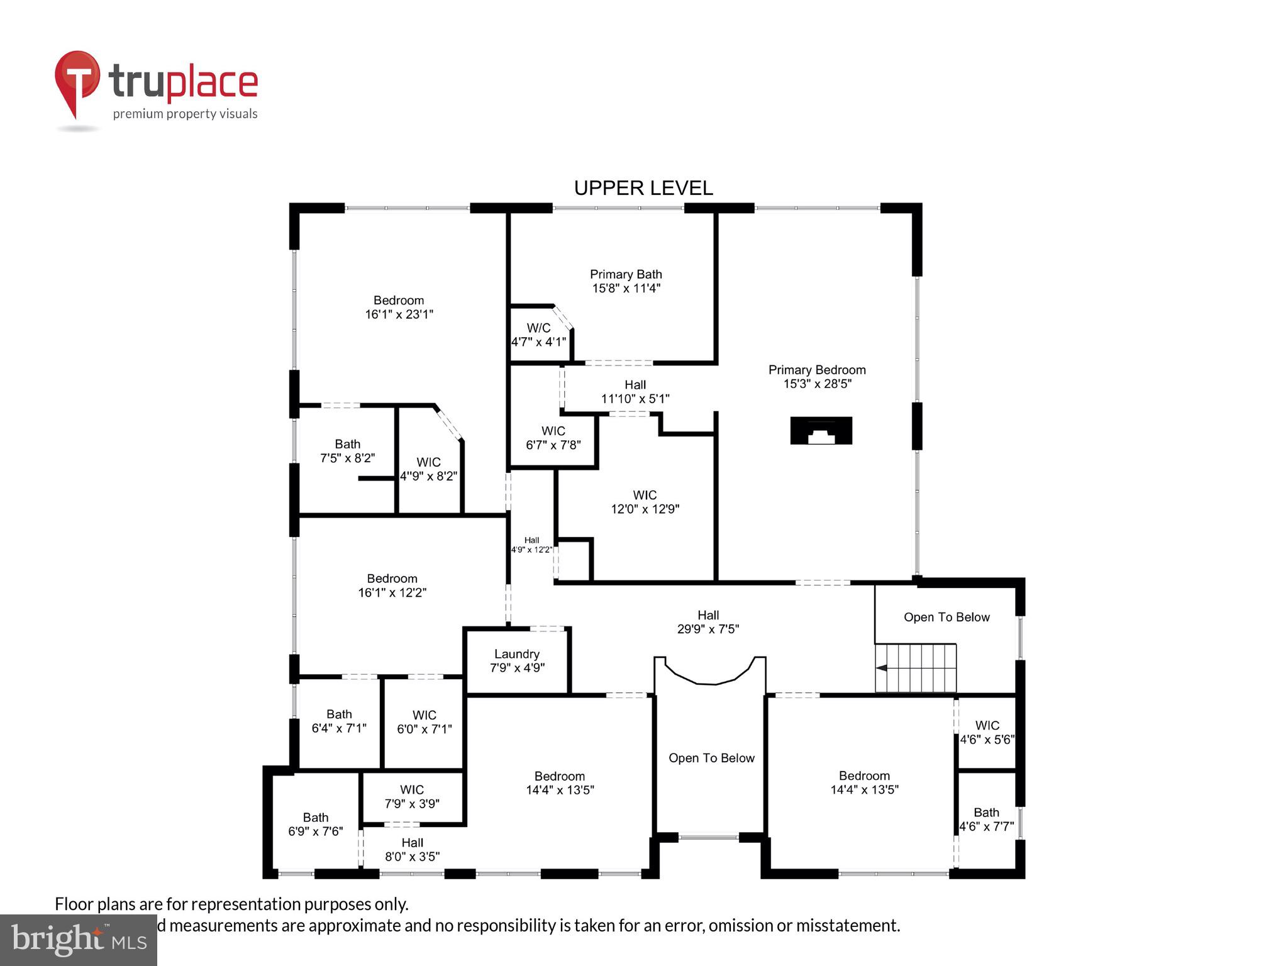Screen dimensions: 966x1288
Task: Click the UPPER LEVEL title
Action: [x=643, y=188]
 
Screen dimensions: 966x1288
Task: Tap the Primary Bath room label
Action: [x=626, y=275]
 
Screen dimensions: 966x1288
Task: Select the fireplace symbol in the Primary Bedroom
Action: [x=821, y=431]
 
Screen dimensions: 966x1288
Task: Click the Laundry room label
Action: [x=516, y=654]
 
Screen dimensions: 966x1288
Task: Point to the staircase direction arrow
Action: [x=882, y=668]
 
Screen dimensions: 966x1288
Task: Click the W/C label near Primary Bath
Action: [x=538, y=328]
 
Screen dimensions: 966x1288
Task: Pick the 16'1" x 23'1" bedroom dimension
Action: [x=399, y=314]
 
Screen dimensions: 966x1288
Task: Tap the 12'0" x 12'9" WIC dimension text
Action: [x=645, y=509]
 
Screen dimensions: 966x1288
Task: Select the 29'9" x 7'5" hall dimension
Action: [x=708, y=629]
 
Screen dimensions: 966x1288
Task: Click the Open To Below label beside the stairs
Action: [x=947, y=618]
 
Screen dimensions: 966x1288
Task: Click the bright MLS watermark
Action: [x=78, y=940]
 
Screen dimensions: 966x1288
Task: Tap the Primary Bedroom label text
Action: [x=817, y=370]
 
